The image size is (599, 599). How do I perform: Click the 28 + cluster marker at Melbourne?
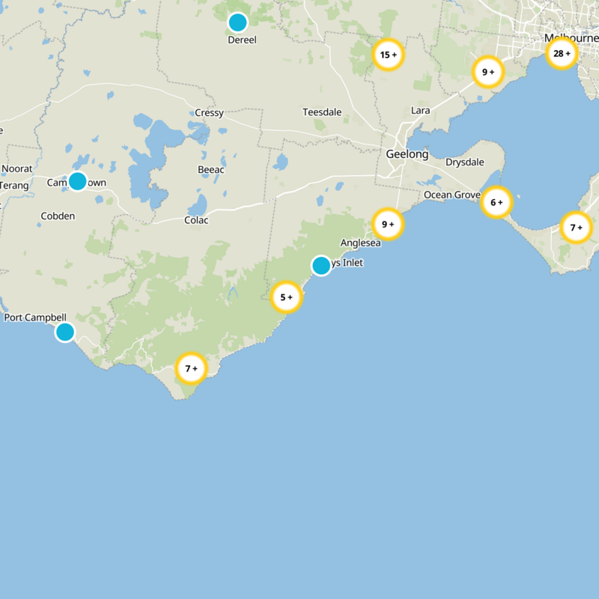(561, 53)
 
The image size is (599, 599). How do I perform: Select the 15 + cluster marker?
(388, 55)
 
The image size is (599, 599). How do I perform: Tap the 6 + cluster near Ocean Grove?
(496, 202)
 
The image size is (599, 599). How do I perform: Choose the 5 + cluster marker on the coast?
(286, 297)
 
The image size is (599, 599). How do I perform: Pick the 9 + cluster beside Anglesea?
(388, 224)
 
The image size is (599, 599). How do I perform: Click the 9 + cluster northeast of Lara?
(488, 72)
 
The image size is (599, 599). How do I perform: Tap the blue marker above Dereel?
(237, 22)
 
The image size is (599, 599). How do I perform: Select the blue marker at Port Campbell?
(65, 332)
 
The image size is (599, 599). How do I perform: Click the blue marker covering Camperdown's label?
(77, 181)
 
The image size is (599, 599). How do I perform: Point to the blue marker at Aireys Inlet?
(321, 265)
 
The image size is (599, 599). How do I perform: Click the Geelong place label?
(407, 154)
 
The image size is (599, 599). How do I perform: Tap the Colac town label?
(196, 220)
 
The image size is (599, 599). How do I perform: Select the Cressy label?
(209, 113)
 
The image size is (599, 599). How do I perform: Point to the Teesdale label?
(322, 112)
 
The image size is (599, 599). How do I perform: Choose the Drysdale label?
(465, 162)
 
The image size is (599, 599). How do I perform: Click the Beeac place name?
(211, 170)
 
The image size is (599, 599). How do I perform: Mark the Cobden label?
(58, 216)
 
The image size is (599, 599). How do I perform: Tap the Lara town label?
(421, 111)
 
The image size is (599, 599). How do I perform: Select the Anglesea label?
(360, 243)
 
